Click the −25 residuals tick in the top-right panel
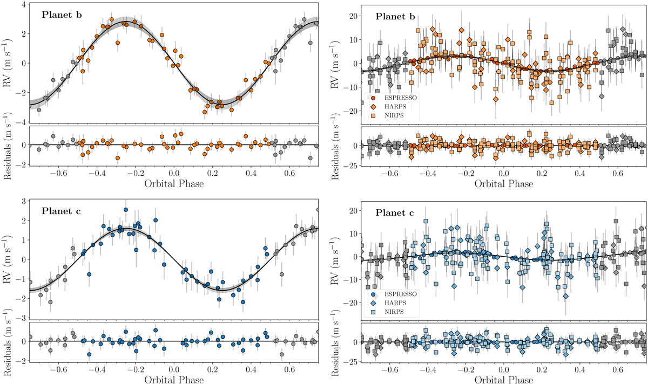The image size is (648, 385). (x=348, y=164)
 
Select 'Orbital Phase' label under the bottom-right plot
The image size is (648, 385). (x=504, y=380)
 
